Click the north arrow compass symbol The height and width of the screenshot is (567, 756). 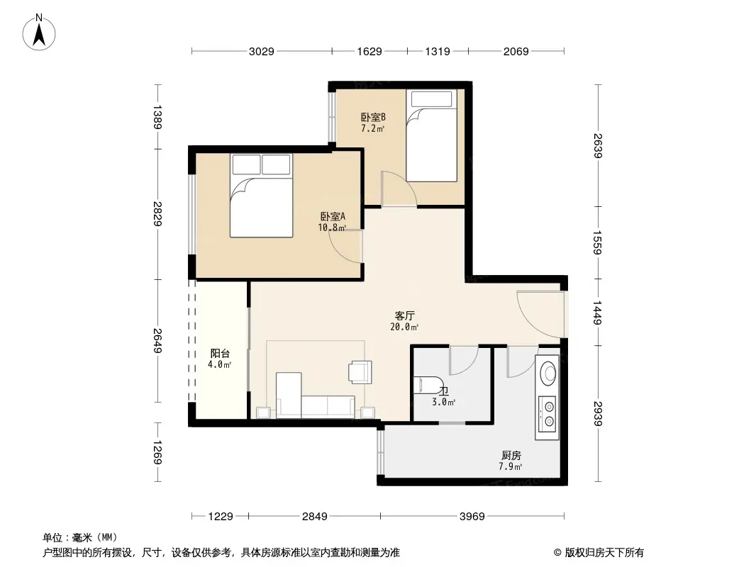tap(39, 33)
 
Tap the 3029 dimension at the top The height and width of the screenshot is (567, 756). tap(261, 51)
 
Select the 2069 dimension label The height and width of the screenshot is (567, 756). tap(516, 51)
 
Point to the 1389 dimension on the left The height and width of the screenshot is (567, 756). tap(157, 117)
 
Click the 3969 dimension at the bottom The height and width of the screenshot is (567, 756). tap(472, 517)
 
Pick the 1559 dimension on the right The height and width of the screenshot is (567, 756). tap(597, 242)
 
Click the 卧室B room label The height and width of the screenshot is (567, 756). tap(373, 117)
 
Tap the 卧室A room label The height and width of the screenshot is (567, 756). tap(333, 217)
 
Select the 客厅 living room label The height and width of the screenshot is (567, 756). tap(404, 316)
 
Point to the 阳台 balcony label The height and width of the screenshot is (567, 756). tap(220, 354)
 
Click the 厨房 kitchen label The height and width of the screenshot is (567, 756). tap(511, 455)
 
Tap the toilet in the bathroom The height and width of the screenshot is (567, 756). tap(428, 385)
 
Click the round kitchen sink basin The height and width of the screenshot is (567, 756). tap(547, 372)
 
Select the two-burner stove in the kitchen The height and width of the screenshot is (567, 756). tap(547, 414)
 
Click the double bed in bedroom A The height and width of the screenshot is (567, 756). tap(261, 195)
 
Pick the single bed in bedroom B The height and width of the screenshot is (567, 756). tap(431, 135)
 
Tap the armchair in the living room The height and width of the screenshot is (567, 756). tap(360, 372)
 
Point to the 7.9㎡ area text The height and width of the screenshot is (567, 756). tap(511, 466)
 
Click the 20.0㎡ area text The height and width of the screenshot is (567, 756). tap(404, 327)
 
